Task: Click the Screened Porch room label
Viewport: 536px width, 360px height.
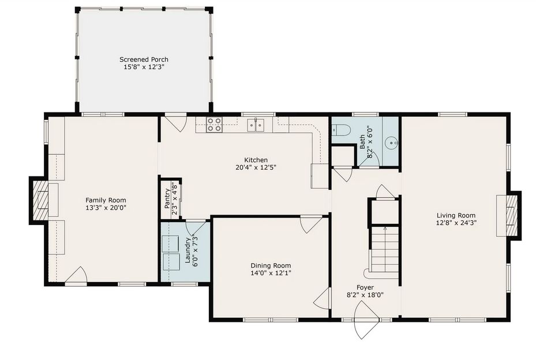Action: [x=144, y=59]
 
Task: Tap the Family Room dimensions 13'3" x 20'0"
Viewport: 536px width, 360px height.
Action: [x=106, y=208]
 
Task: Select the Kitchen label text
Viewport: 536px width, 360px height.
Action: [x=256, y=160]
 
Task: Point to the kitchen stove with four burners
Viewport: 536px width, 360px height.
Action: [x=214, y=125]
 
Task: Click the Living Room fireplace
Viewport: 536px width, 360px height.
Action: [x=508, y=214]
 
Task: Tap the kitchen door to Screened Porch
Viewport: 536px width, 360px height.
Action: [x=174, y=122]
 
